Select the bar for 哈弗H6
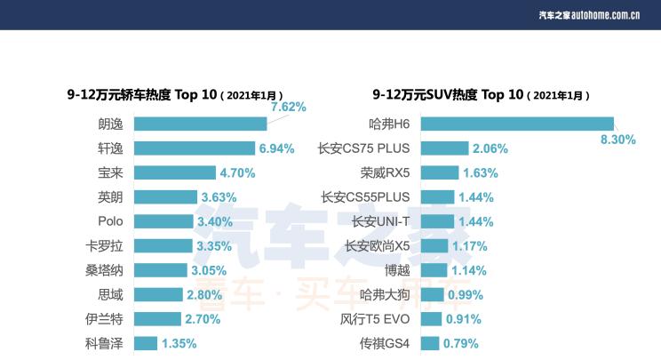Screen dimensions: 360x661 tap(516, 124)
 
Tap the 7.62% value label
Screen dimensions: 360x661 tap(288, 107)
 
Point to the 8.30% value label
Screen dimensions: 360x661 tap(618, 140)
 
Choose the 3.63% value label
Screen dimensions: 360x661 tap(219, 197)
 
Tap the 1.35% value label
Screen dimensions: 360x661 tap(179, 343)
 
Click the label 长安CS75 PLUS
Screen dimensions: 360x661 tap(363, 148)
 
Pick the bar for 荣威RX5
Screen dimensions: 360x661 tap(440, 173)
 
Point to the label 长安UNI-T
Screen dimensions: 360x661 tap(380, 221)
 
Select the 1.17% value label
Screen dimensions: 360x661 tap(468, 246)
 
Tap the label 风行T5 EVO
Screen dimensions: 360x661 tap(375, 319)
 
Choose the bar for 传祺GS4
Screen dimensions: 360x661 tap(430, 343)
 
